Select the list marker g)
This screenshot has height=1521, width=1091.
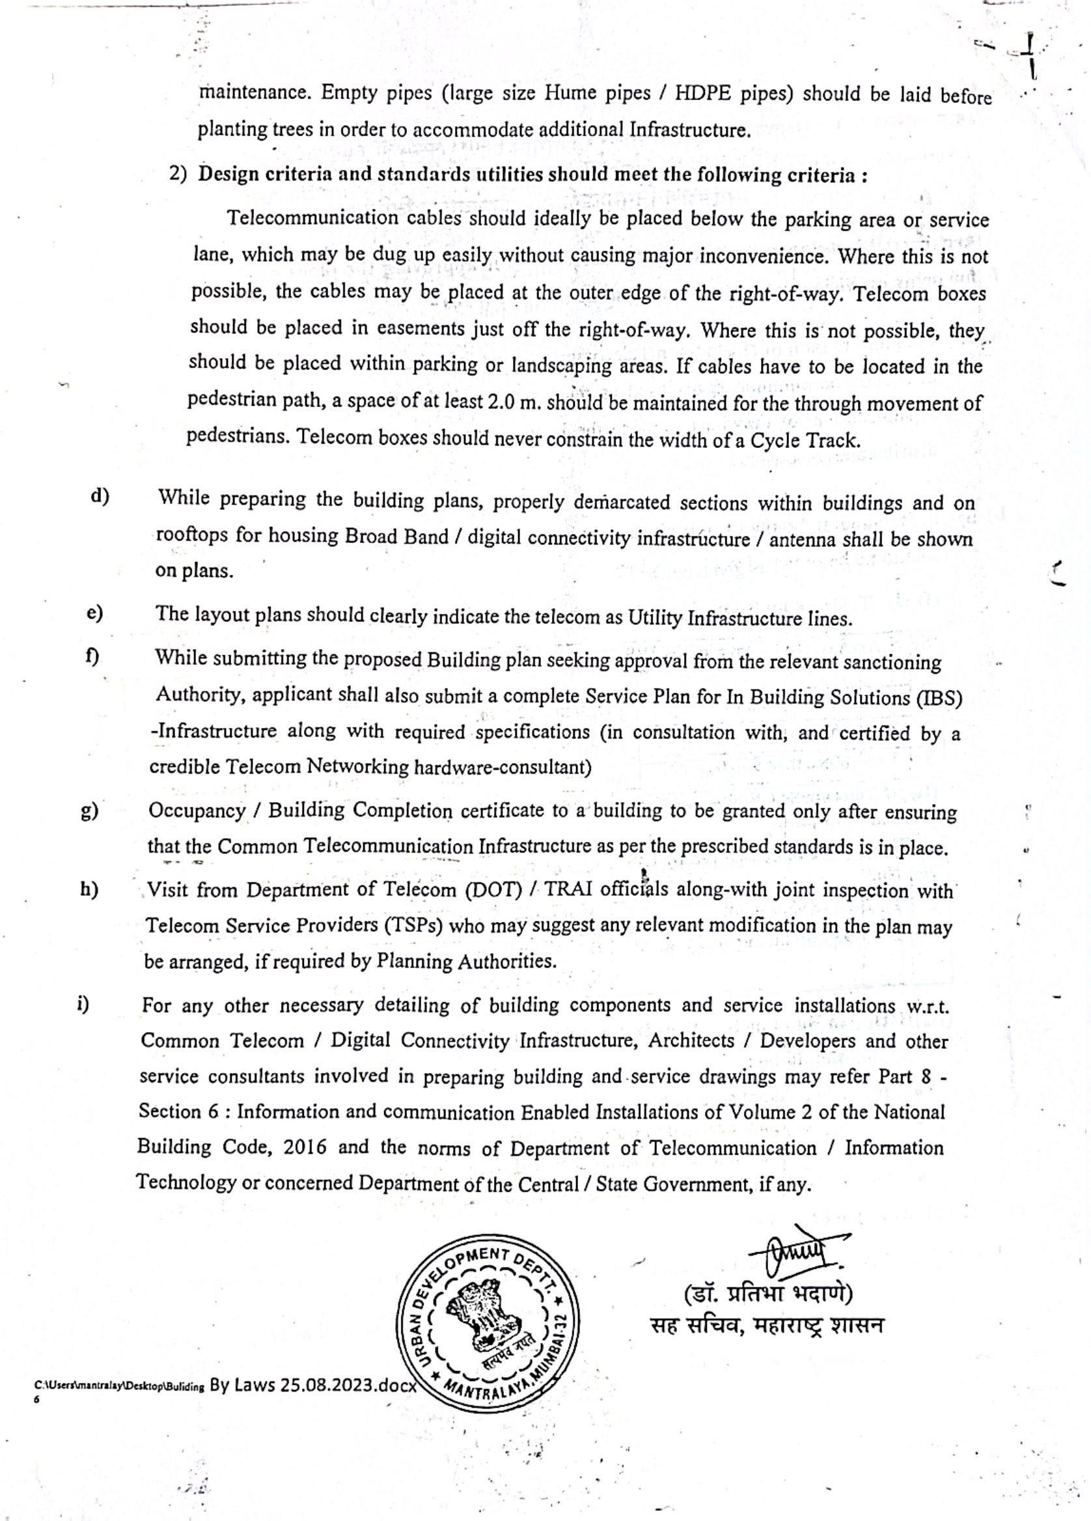(89, 811)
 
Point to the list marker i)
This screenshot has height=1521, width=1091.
(83, 1004)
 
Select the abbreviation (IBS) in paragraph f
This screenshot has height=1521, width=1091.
(938, 698)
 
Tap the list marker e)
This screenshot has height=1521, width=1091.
(94, 613)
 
